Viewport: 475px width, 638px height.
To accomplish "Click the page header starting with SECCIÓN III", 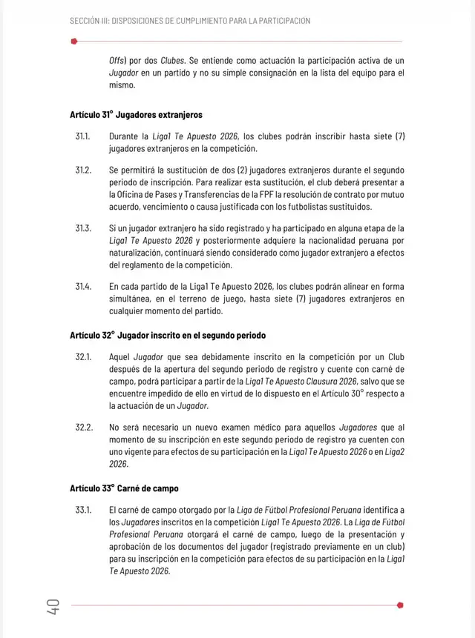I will pyautogui.click(x=190, y=21).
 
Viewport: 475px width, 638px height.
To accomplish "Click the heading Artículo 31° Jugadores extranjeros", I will pyautogui.click(x=136, y=115).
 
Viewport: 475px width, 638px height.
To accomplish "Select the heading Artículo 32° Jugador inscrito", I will pyautogui.click(x=168, y=335).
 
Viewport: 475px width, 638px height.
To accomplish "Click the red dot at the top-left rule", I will pyautogui.click(x=73, y=41).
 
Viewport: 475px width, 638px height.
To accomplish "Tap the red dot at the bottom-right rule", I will pyautogui.click(x=401, y=605).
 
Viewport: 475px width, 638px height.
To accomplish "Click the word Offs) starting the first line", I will pyautogui.click(x=117, y=60).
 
